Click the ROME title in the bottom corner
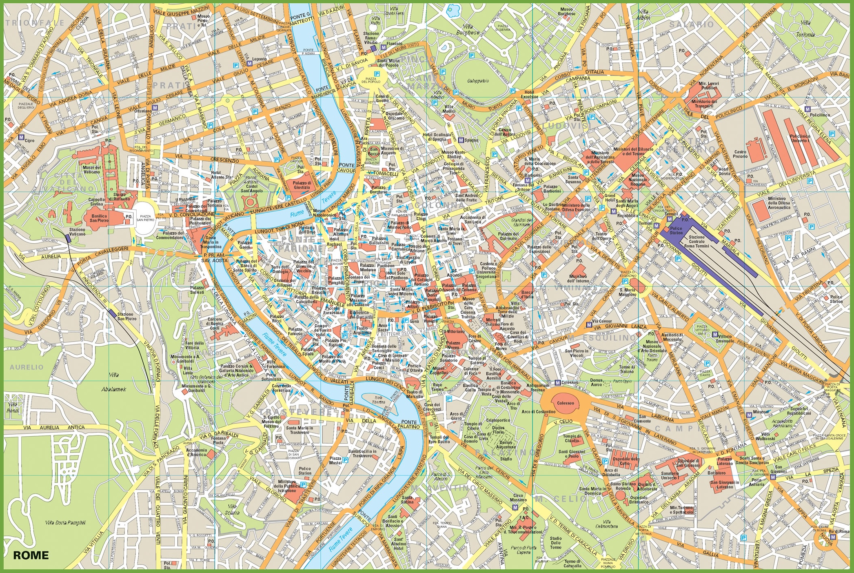point(31,555)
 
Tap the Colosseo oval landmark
point(566,403)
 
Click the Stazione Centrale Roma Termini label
point(697,242)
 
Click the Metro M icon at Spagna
point(461,140)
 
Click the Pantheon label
point(386,266)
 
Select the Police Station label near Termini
point(676,231)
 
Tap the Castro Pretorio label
point(740,154)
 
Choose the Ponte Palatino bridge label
point(409,424)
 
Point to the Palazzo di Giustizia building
point(302,185)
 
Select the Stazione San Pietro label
point(126,317)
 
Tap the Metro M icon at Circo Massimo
point(515,508)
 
